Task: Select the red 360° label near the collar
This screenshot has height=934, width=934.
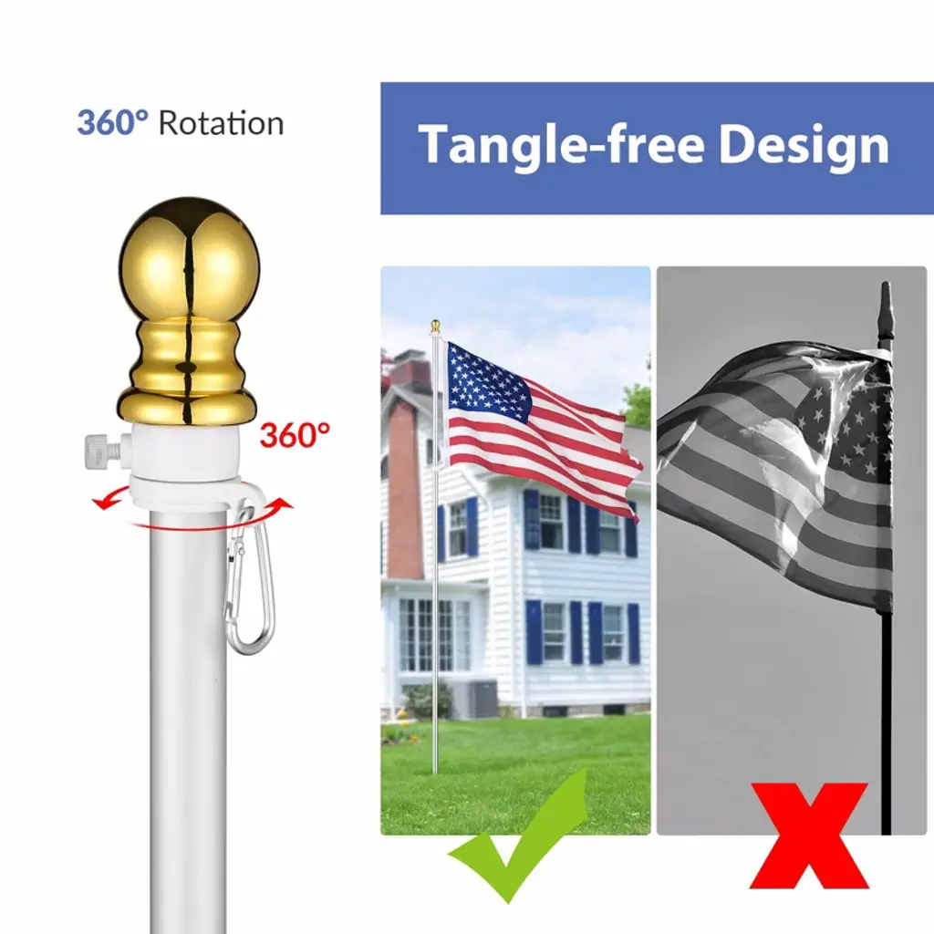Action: pos(295,435)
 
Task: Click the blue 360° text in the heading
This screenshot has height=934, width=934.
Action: pos(112,123)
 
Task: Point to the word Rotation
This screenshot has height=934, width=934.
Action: pos(221,124)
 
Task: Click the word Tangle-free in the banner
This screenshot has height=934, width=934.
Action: pos(561,145)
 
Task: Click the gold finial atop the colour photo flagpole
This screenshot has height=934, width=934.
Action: pos(435,327)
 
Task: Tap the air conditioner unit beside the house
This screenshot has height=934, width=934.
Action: pos(483,698)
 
